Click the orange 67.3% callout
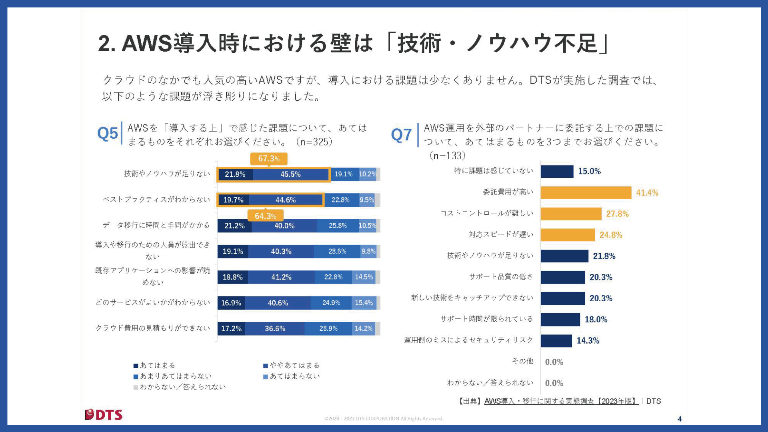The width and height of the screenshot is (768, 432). click(269, 159)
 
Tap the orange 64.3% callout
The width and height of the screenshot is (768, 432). click(266, 216)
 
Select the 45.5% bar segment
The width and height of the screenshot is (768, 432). click(291, 174)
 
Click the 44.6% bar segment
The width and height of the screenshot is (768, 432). click(286, 200)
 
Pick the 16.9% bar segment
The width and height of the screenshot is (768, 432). click(231, 303)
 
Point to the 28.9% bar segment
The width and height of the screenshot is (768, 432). click(328, 328)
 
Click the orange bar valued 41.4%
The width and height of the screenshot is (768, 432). click(586, 192)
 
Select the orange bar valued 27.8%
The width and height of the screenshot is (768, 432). click(571, 214)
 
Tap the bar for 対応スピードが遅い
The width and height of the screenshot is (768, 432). click(568, 235)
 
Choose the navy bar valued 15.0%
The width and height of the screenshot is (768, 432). click(557, 171)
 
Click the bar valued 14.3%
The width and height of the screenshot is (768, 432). click(556, 341)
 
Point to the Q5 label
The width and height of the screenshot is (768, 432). click(108, 133)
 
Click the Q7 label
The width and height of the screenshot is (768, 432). click(401, 135)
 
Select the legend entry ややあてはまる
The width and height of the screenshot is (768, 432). click(292, 365)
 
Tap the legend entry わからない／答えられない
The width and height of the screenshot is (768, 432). click(180, 387)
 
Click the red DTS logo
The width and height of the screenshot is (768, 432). click(104, 415)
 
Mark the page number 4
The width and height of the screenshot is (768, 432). click(680, 419)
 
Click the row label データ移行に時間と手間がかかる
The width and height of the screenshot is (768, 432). click(156, 225)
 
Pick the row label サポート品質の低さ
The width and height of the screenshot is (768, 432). click(501, 276)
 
